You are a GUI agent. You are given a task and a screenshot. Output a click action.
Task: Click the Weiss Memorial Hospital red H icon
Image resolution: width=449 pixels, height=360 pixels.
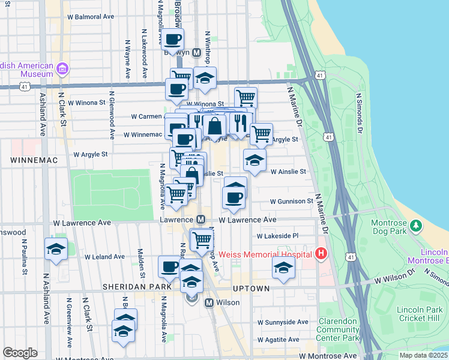tap(321, 254)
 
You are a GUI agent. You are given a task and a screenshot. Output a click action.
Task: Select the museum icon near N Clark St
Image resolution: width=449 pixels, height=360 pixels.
tap(62, 70)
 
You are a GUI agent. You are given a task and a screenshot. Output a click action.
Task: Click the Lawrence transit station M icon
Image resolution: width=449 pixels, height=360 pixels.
tap(201, 220)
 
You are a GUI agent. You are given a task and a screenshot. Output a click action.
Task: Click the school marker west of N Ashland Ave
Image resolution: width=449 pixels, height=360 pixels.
tap(56, 250)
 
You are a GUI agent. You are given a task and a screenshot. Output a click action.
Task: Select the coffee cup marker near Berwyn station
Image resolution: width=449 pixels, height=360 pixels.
tap(172, 40)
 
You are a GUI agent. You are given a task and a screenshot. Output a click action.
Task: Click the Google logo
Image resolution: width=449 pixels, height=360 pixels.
tap(20, 353)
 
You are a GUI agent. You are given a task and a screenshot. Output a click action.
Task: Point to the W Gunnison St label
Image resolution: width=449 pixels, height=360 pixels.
tap(292, 202)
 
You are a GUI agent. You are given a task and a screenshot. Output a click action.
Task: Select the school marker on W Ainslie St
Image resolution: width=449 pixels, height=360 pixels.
tap(255, 160)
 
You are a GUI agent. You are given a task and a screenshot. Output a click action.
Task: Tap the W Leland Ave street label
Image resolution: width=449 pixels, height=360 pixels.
tap(104, 256)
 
